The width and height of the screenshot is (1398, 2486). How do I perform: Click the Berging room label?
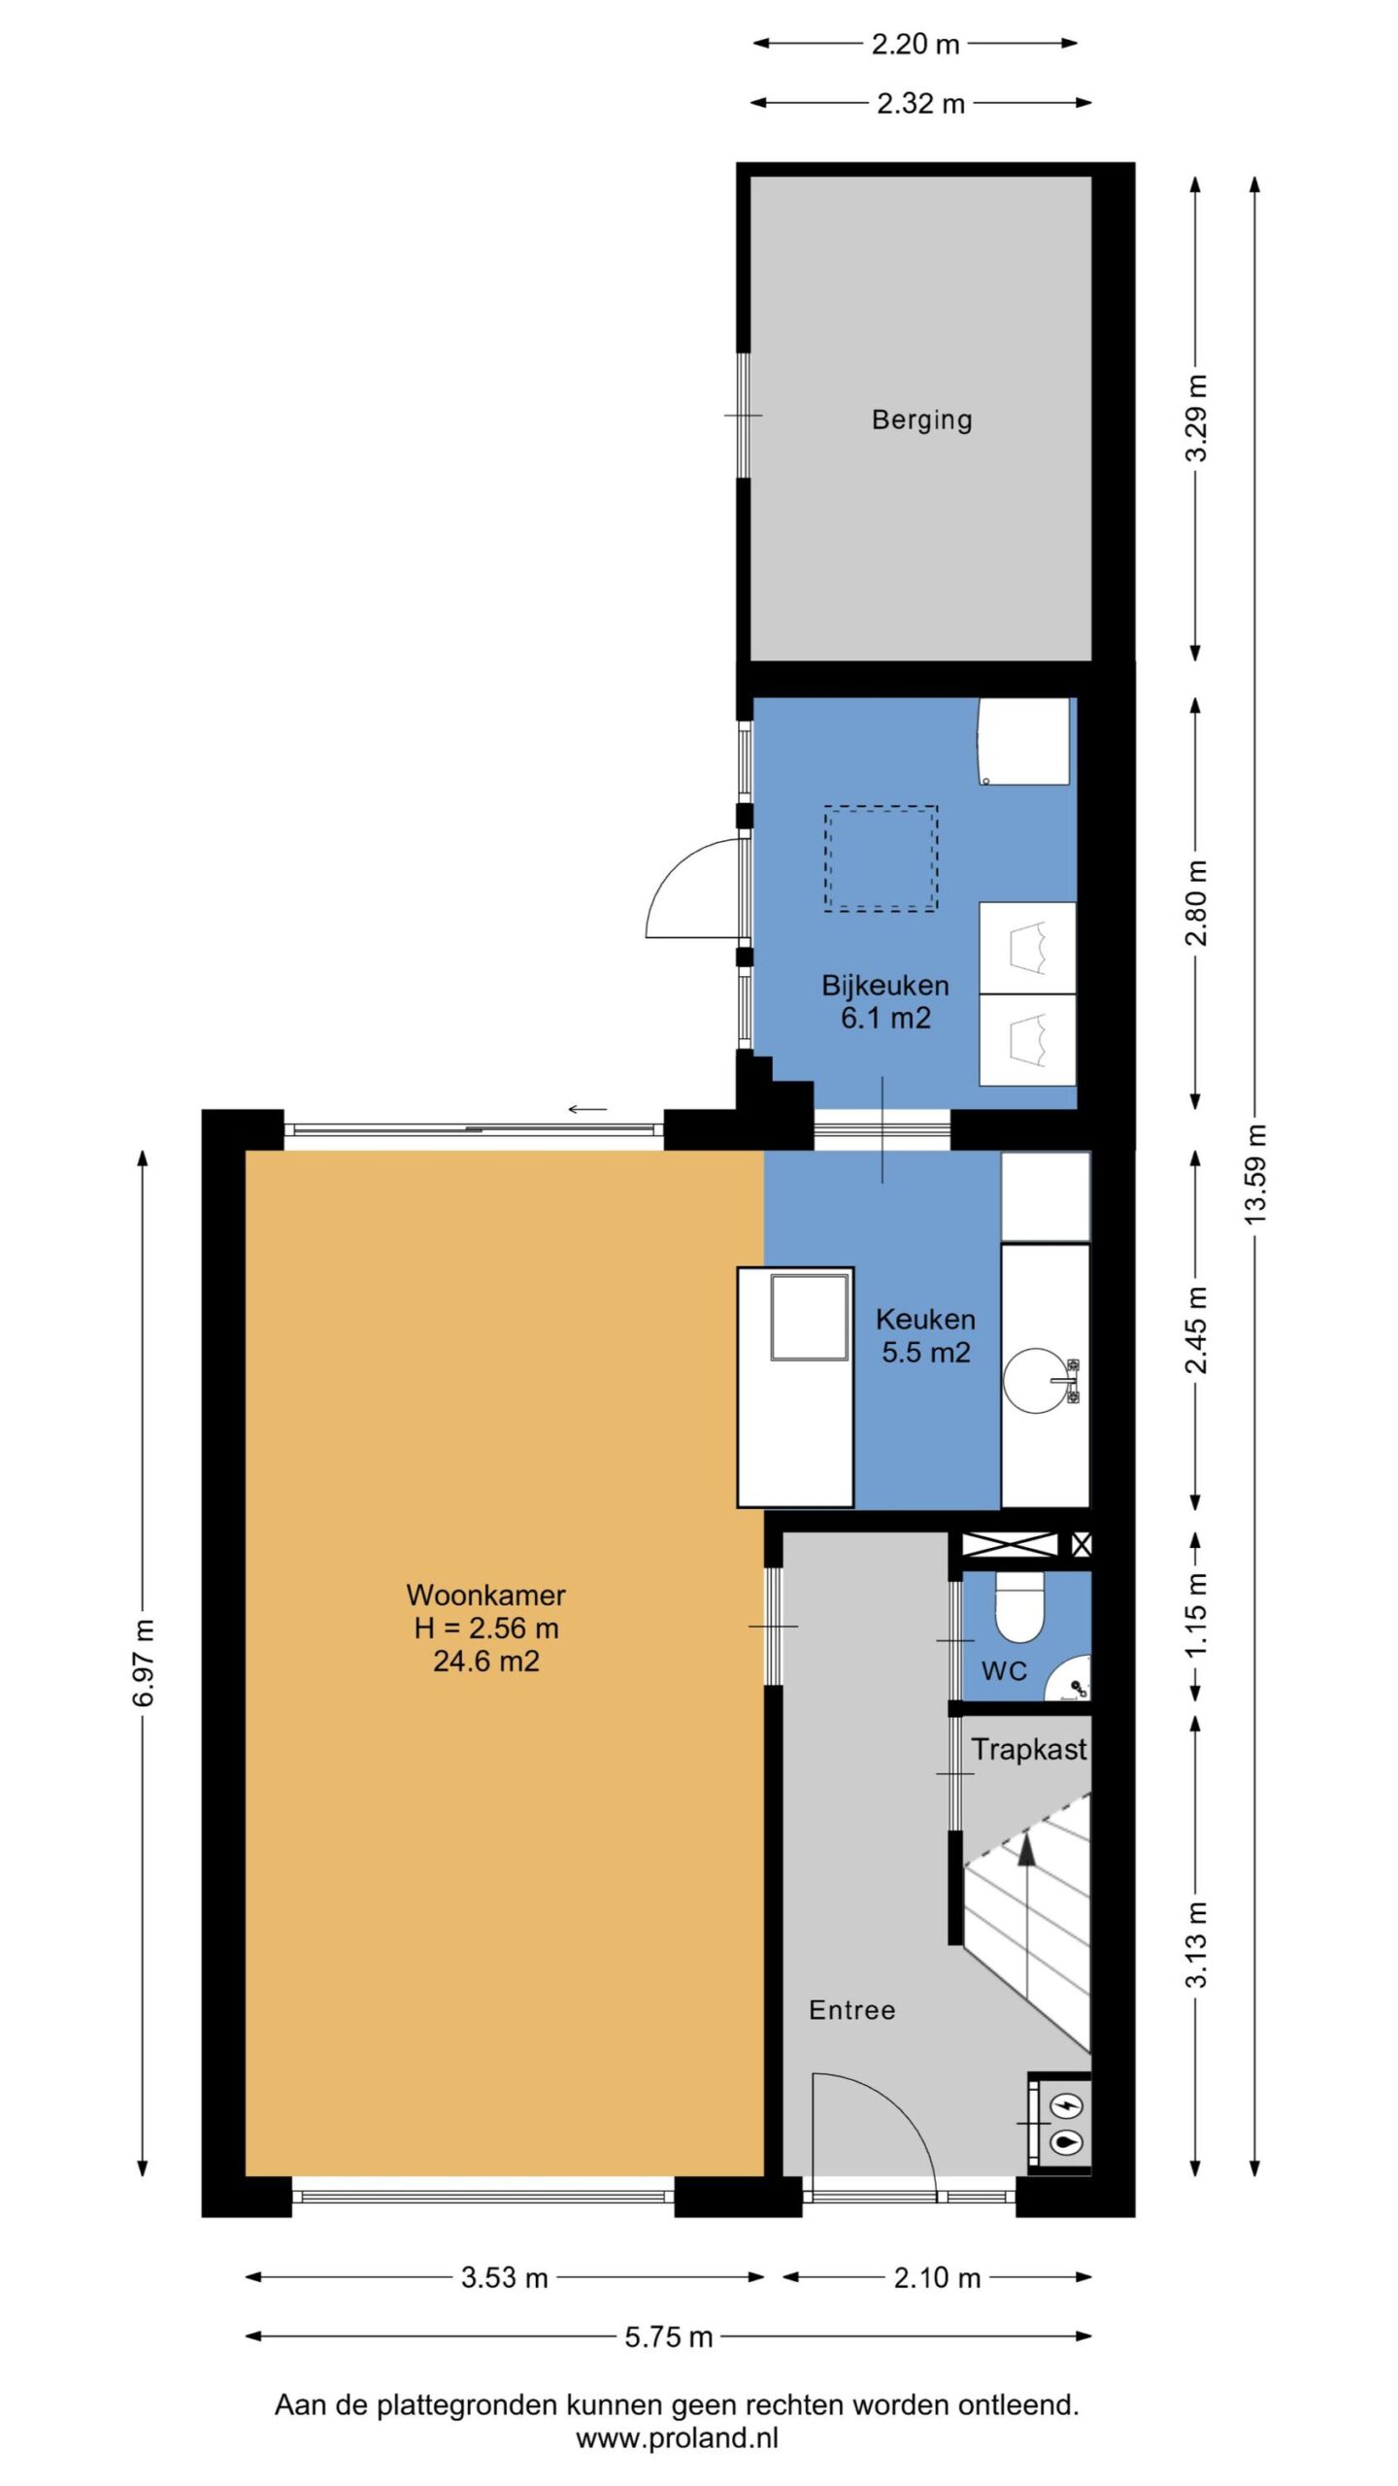tap(921, 420)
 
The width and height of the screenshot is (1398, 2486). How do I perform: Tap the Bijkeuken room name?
tap(885, 985)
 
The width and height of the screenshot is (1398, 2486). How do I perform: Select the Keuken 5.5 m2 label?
tap(925, 1335)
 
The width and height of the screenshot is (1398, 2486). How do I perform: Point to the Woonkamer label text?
tap(485, 1595)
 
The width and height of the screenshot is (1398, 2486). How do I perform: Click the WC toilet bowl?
tap(1018, 1607)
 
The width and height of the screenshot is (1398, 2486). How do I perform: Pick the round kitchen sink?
tap(1035, 1380)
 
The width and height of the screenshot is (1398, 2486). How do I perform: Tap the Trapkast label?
tap(1029, 1749)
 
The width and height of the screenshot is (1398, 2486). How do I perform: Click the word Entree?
tap(852, 2010)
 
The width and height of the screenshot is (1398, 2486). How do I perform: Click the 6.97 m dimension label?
tap(144, 1663)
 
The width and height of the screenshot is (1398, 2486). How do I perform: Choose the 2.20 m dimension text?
tap(915, 44)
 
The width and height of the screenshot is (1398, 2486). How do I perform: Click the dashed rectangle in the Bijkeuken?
tap(882, 858)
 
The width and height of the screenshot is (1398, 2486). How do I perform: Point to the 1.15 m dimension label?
tap(1196, 1616)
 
